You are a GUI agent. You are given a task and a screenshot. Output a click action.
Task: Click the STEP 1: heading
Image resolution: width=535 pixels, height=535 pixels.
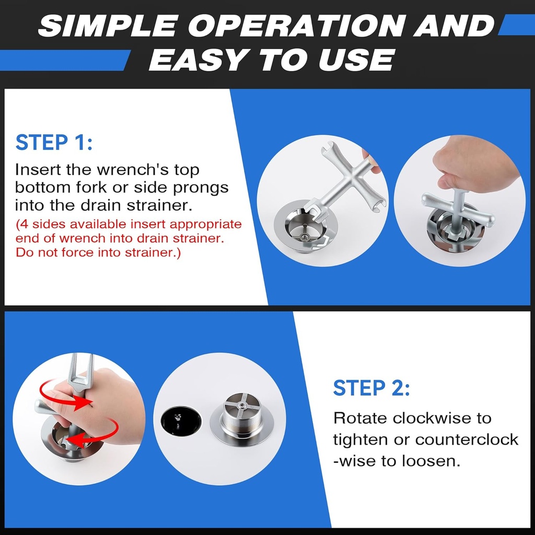point(54,143)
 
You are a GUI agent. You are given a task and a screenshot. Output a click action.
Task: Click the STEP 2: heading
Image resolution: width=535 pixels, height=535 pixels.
point(371,388)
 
